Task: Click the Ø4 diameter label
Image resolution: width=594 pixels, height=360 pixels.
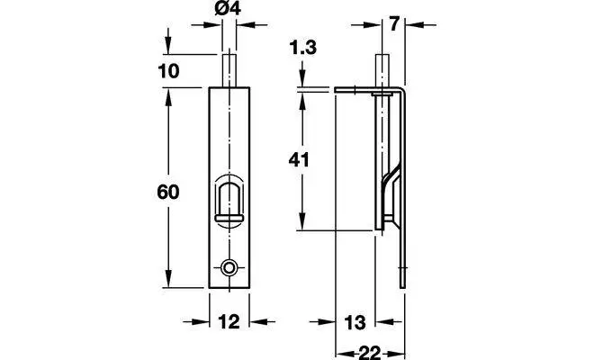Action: [x=228, y=8]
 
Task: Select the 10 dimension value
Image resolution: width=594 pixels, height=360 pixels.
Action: [x=168, y=71]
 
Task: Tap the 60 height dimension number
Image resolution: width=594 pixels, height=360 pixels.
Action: [x=167, y=192]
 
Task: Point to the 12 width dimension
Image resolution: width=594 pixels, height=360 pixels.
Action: [x=229, y=321]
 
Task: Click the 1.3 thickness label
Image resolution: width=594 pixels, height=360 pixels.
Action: [x=302, y=48]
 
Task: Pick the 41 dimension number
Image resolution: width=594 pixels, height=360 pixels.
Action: [x=299, y=160]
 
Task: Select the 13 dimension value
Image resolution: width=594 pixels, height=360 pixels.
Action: [x=355, y=323]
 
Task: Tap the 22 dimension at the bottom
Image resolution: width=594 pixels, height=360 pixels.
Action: [x=369, y=353]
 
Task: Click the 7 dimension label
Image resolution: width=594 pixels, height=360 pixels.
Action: [x=394, y=24]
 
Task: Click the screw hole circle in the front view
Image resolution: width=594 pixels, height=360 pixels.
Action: [x=229, y=268]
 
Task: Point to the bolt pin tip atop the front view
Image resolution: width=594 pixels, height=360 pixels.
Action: [x=229, y=56]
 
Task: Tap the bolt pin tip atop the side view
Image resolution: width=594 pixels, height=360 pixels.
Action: [x=382, y=56]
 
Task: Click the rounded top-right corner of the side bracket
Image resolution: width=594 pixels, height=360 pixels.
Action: [x=402, y=89]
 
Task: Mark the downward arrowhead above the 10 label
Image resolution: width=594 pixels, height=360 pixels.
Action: [x=168, y=46]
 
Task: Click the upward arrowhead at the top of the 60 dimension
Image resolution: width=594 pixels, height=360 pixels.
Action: [x=168, y=96]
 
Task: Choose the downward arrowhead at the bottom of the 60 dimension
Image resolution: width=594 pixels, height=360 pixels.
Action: [x=168, y=279]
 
